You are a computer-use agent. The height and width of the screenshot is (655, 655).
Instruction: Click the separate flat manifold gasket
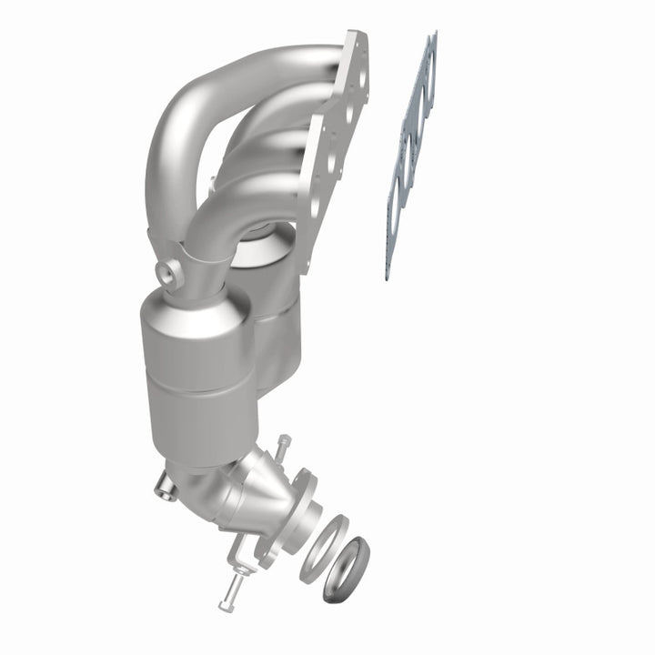tap(411, 155)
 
